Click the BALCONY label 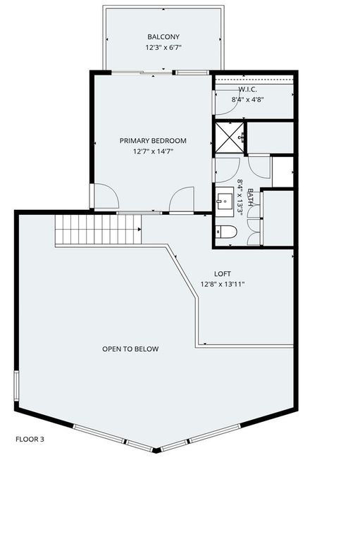click(x=163, y=37)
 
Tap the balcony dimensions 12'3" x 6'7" click(x=163, y=49)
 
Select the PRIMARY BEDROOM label click(x=153, y=141)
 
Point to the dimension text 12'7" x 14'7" click(x=153, y=151)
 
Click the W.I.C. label click(x=247, y=89)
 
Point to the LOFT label click(x=223, y=274)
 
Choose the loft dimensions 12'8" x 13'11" click(x=223, y=285)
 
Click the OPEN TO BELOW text click(x=130, y=349)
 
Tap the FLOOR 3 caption click(x=30, y=439)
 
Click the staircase click(x=98, y=230)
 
